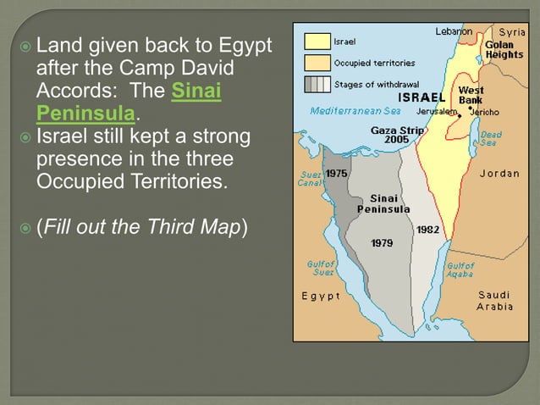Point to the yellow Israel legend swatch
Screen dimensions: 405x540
point(317,41)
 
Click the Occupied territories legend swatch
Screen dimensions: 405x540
point(317,62)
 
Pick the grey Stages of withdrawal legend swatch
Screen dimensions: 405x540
point(317,84)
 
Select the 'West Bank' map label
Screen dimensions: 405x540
point(471,95)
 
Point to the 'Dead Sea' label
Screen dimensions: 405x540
point(491,139)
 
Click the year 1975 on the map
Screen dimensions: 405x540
point(337,173)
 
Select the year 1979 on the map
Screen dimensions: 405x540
point(383,243)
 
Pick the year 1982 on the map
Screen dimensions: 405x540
point(427,229)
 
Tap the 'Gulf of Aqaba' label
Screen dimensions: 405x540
point(460,269)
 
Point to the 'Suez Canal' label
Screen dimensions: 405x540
point(307,179)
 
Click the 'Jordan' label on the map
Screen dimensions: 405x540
point(499,174)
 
